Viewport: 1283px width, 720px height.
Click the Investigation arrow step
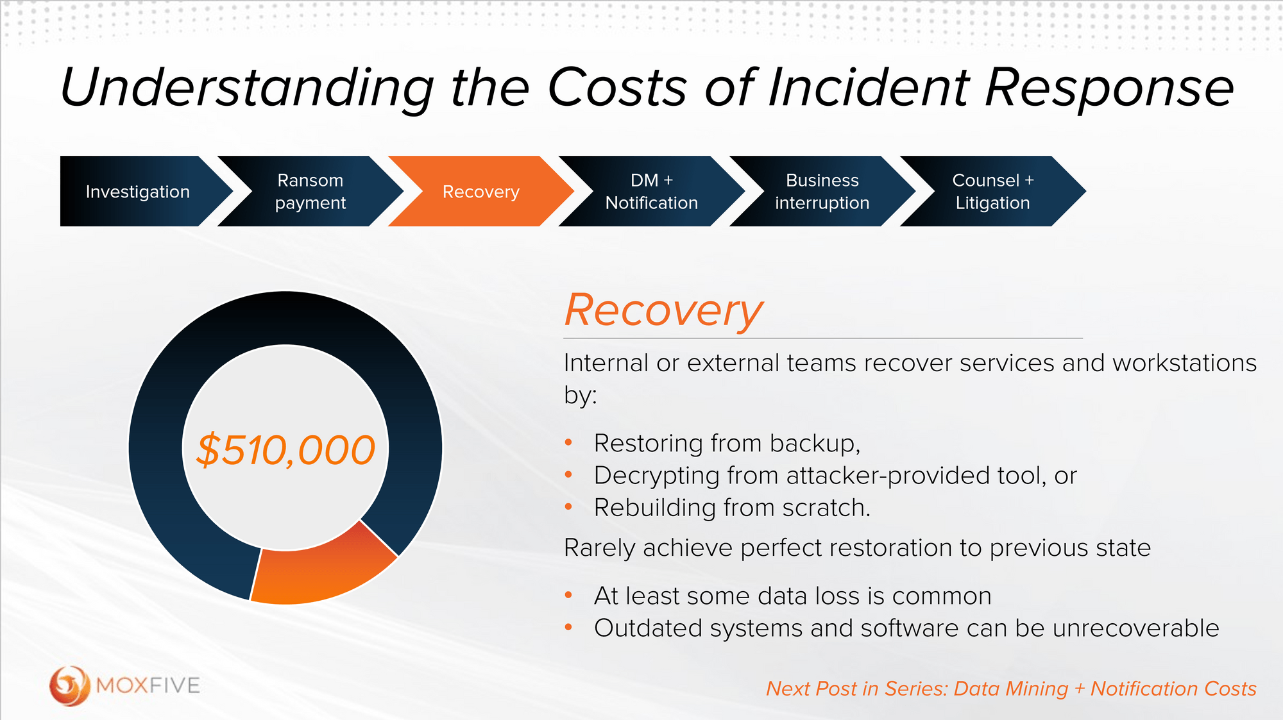pyautogui.click(x=138, y=192)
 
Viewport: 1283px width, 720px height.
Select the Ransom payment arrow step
pyautogui.click(x=310, y=192)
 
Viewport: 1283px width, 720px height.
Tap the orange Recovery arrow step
pyautogui.click(x=480, y=192)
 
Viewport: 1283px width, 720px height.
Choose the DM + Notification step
pyautogui.click(x=651, y=192)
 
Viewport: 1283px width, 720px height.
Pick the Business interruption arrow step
pyautogui.click(x=822, y=192)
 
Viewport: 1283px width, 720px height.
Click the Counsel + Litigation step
pyautogui.click(x=992, y=192)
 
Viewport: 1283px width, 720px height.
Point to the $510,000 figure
pyautogui.click(x=285, y=450)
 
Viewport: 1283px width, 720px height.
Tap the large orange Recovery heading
pyautogui.click(x=663, y=311)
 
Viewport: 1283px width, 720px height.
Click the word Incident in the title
pyautogui.click(x=869, y=88)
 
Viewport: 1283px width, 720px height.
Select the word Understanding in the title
pyautogui.click(x=247, y=88)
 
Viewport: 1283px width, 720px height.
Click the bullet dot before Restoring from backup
pyautogui.click(x=568, y=442)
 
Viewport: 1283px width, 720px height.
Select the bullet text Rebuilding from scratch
pyautogui.click(x=732, y=508)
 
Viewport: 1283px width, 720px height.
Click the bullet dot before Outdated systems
pyautogui.click(x=568, y=627)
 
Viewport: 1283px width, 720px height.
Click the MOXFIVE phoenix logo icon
pyautogui.click(x=69, y=685)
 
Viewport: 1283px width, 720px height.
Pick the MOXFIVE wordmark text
pyautogui.click(x=148, y=685)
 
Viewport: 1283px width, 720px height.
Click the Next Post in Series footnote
pyautogui.click(x=1011, y=689)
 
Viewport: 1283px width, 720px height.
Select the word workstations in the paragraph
pyautogui.click(x=1184, y=364)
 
